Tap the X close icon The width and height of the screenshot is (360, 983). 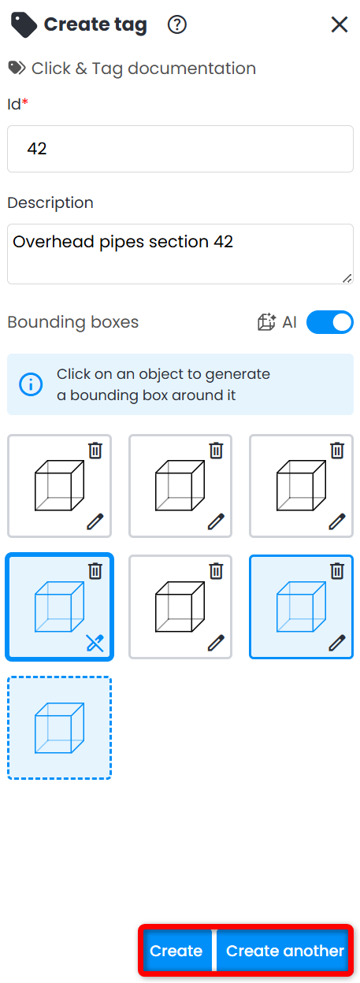coord(340,24)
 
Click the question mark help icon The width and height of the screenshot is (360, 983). coord(177,24)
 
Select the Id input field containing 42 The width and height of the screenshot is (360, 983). coord(180,149)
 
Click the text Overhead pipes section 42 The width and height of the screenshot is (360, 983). coord(123,242)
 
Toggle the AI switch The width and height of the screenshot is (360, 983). coord(330,322)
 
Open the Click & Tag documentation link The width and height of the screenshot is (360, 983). coord(143,69)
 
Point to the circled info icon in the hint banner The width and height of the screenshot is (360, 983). coord(31,384)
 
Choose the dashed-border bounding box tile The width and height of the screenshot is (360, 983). coord(59,728)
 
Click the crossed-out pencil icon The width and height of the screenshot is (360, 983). coord(95,644)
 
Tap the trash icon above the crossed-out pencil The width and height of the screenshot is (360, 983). coord(95,571)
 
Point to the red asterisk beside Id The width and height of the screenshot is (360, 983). coord(25,102)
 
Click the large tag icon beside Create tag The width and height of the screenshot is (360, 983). coord(24,25)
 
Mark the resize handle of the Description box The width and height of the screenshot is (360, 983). coord(347,278)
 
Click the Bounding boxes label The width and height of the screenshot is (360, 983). coord(73,322)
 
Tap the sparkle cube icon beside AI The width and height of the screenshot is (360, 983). coord(266,322)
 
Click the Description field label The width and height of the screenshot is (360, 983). coord(50,202)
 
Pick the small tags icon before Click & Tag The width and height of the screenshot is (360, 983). coord(17,68)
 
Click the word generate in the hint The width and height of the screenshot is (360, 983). coord(238,375)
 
